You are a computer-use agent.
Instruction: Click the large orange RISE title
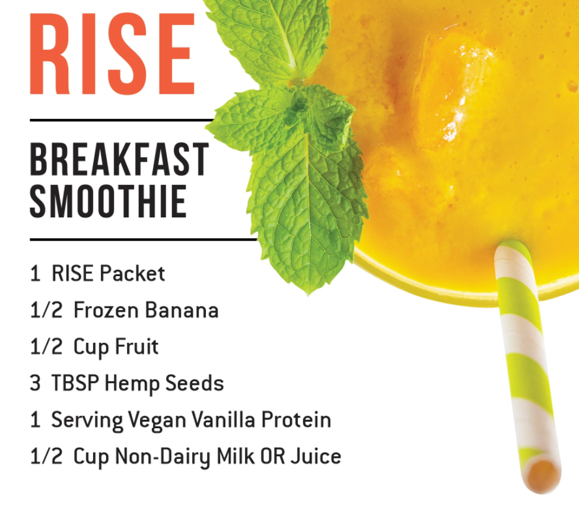point(112,54)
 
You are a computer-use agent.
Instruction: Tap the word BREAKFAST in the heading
point(119,159)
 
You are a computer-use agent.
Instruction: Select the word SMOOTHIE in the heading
point(108,201)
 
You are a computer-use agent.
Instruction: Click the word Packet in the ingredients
point(132,274)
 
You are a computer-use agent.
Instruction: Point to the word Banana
point(182,310)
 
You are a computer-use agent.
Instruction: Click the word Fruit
point(136,346)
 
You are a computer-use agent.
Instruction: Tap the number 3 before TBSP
point(35,383)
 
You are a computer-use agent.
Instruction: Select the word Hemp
point(132,383)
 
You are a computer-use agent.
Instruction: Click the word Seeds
point(194,383)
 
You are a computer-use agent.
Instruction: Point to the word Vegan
point(157,420)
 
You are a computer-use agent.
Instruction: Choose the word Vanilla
point(224,419)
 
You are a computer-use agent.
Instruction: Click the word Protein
point(296,419)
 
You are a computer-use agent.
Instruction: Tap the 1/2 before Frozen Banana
point(46,310)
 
